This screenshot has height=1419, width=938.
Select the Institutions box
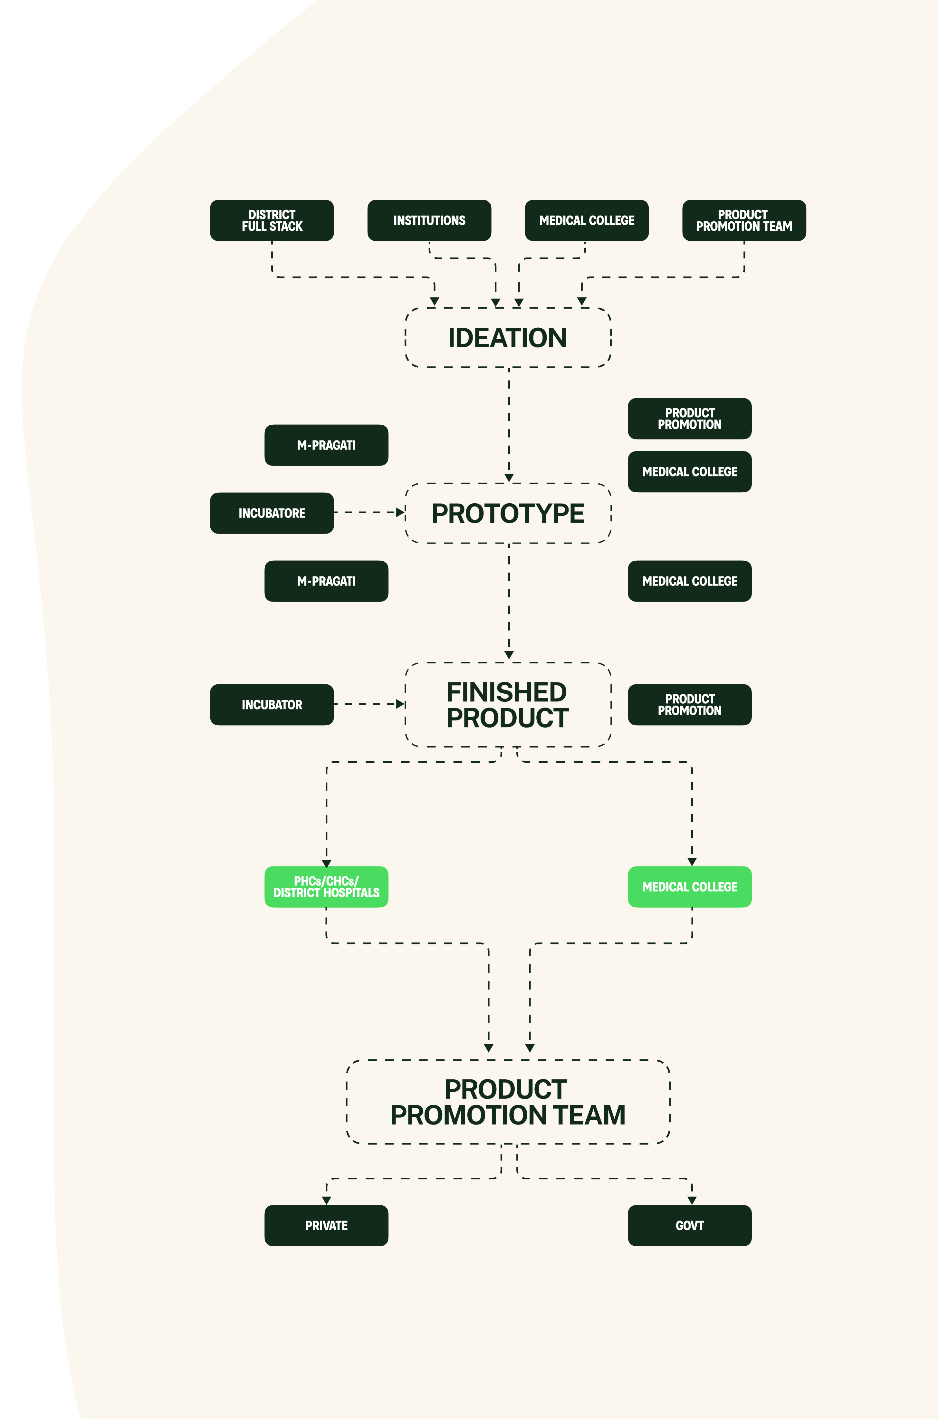[x=429, y=220]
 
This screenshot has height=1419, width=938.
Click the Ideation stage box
[x=508, y=337]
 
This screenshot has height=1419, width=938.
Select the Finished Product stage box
[x=508, y=705]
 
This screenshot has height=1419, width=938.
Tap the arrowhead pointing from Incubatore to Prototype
[x=400, y=513]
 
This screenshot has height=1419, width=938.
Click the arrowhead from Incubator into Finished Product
[x=400, y=704]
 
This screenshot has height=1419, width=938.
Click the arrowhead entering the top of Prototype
[x=509, y=478]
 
